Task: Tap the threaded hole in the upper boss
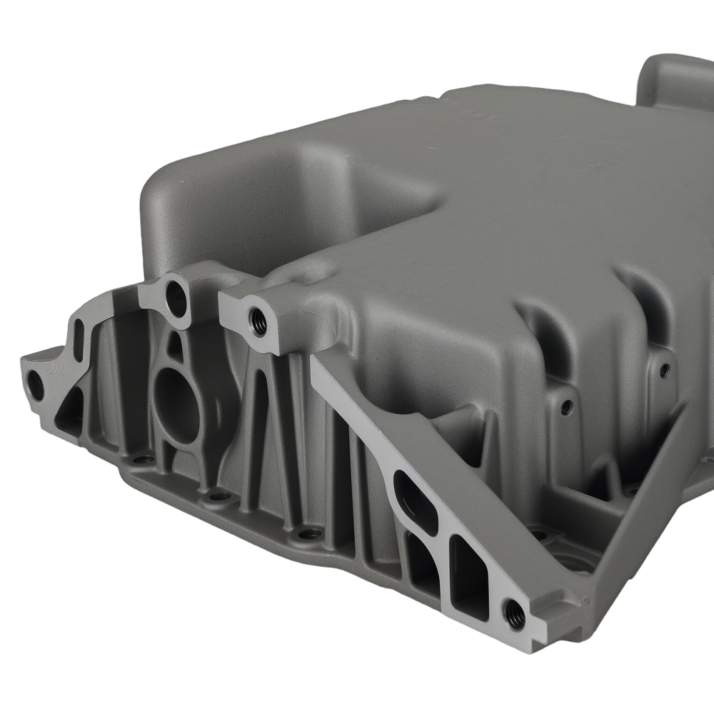256,321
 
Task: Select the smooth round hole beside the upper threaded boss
175,298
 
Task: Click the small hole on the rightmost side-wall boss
665,370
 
